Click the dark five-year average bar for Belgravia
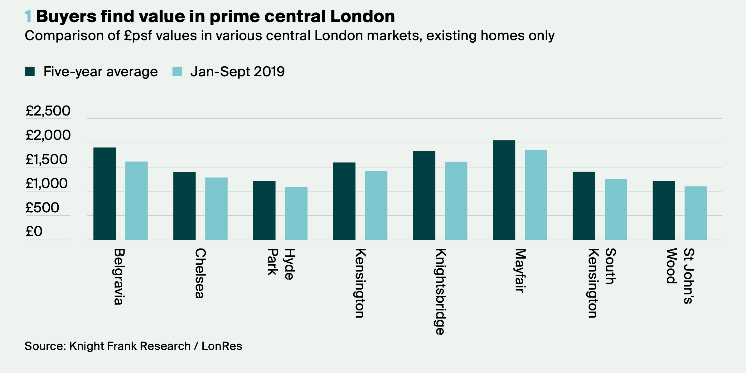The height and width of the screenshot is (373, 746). pos(104,193)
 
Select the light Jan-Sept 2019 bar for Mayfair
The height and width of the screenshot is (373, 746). pos(536,195)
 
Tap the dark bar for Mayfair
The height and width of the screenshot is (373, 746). pos(504,190)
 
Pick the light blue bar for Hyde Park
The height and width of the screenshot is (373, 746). pos(296,213)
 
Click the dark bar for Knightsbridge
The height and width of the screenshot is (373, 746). pos(424,195)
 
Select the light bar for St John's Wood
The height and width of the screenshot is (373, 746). pos(695,213)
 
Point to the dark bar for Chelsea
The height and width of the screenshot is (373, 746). pos(184,206)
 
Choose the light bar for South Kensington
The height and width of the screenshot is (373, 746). pos(616,209)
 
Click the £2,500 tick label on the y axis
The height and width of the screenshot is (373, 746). pos(48,111)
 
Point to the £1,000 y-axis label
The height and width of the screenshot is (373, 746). pos(46,184)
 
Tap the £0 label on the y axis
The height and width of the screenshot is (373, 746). pos(34,232)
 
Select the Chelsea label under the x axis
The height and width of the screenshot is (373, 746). pos(200,273)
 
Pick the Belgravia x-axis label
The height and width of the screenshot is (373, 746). pos(119,276)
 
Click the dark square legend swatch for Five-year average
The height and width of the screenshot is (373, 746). pos(30,72)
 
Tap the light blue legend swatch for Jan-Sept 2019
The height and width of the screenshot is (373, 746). pos(177,72)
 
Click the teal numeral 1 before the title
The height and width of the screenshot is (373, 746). pos(28,16)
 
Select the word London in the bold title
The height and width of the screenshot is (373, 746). pos(362,16)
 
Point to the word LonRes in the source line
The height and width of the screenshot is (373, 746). pos(222,346)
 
